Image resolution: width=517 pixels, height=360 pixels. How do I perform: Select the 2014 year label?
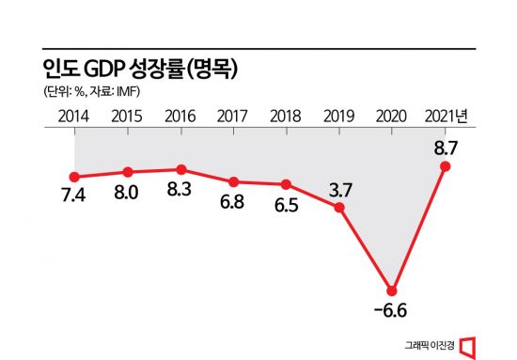(x=73, y=117)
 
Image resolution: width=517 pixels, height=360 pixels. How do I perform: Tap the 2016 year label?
(x=180, y=117)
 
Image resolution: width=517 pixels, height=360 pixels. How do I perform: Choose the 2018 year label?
(x=286, y=117)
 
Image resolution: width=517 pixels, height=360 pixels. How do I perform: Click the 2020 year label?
(x=392, y=117)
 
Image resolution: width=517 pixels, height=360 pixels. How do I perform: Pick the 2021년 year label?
(x=447, y=117)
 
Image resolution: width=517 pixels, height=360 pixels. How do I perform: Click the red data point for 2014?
(x=73, y=177)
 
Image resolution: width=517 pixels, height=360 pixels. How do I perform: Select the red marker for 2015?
(x=127, y=172)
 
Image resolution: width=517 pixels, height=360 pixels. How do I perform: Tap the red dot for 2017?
(x=233, y=181)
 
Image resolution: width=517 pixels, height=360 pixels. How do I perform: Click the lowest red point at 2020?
(x=392, y=290)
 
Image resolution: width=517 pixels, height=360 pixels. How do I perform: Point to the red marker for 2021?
(x=446, y=166)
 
